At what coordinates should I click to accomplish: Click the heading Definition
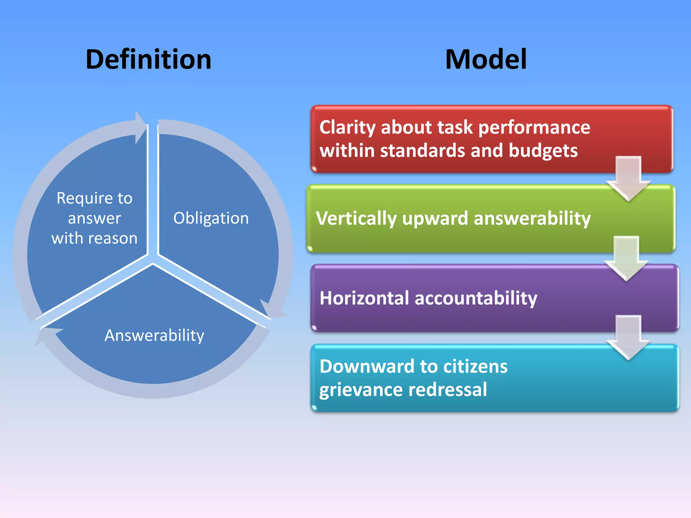pyautogui.click(x=148, y=59)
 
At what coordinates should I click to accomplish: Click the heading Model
pyautogui.click(x=486, y=59)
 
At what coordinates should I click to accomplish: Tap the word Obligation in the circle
pyautogui.click(x=211, y=218)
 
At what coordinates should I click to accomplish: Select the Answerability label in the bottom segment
pyautogui.click(x=155, y=335)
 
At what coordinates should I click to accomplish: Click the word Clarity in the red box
pyautogui.click(x=347, y=127)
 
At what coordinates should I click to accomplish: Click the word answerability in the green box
pyautogui.click(x=532, y=219)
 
